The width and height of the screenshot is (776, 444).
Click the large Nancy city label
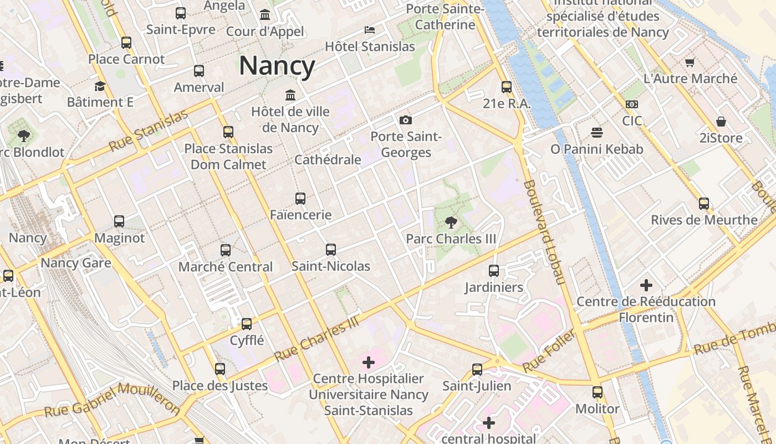click(277, 66)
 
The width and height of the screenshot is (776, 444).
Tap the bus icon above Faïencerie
click(300, 198)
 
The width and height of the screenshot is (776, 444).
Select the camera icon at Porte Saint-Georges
click(406, 120)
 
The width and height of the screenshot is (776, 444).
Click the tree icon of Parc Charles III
click(451, 223)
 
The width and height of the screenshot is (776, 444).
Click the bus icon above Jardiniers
click(494, 271)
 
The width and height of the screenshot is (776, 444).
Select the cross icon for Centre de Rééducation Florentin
click(646, 285)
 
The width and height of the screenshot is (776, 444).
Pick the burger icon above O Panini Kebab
click(596, 133)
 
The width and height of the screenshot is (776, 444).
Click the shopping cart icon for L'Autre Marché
click(690, 62)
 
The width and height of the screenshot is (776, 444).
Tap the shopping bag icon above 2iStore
click(721, 121)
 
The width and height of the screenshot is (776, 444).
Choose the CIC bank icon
click(631, 104)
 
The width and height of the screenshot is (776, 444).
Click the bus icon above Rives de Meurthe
click(704, 204)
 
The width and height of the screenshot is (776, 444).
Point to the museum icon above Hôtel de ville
click(290, 95)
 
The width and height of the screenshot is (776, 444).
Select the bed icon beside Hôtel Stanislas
click(370, 29)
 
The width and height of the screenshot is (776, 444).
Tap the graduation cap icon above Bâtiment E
click(100, 86)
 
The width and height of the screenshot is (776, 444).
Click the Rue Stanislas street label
click(148, 132)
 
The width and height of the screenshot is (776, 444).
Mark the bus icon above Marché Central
click(226, 250)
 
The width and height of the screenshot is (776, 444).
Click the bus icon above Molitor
click(598, 392)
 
